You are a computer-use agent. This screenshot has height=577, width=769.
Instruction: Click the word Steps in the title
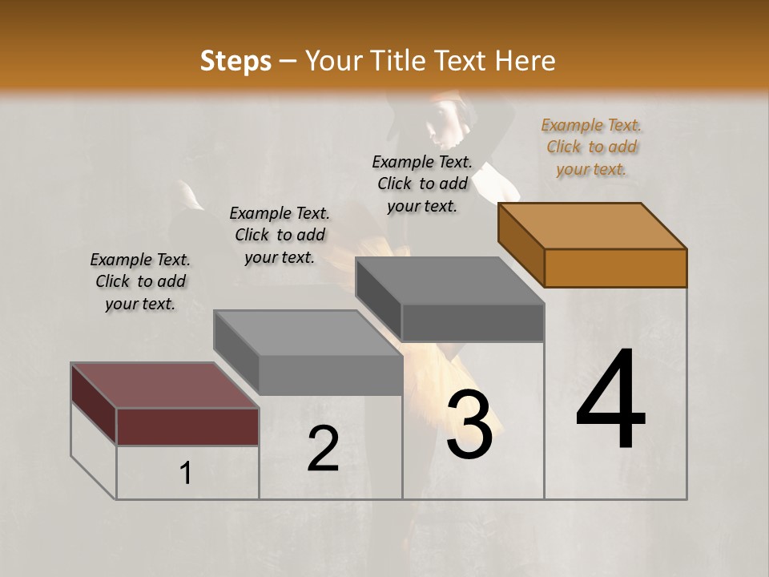point(236,61)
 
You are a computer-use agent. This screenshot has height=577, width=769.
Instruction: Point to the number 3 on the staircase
point(469,425)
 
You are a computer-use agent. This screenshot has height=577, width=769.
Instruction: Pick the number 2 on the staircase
point(323,450)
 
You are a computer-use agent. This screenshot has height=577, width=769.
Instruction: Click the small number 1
point(186,474)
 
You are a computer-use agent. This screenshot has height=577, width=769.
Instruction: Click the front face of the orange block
point(615,268)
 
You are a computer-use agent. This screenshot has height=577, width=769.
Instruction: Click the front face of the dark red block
point(187,426)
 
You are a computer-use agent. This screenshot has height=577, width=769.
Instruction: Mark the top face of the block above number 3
point(450,280)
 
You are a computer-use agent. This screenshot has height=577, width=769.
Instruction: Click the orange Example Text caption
point(591,147)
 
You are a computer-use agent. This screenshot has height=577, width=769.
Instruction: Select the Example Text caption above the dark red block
point(140,281)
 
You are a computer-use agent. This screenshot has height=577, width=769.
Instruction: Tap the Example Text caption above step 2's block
point(280,235)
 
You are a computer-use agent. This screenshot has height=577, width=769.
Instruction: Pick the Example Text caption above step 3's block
point(422,184)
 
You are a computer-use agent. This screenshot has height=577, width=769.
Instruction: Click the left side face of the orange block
point(521,244)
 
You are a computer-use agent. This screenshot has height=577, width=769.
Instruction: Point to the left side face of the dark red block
point(94,403)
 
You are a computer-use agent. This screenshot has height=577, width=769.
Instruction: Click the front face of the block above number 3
point(473,323)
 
